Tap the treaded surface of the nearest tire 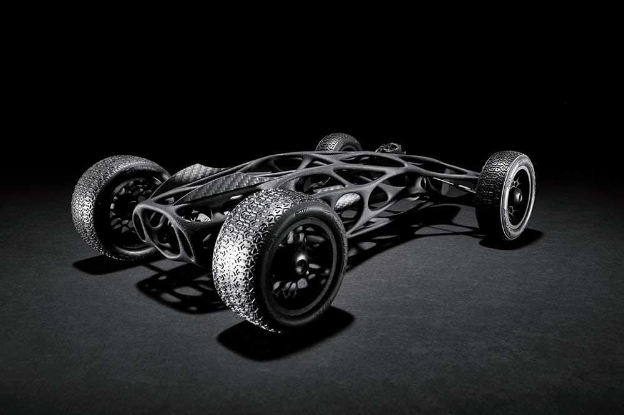click(x=240, y=262)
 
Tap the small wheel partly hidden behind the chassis click(x=338, y=142)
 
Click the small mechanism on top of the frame click(x=389, y=148)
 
